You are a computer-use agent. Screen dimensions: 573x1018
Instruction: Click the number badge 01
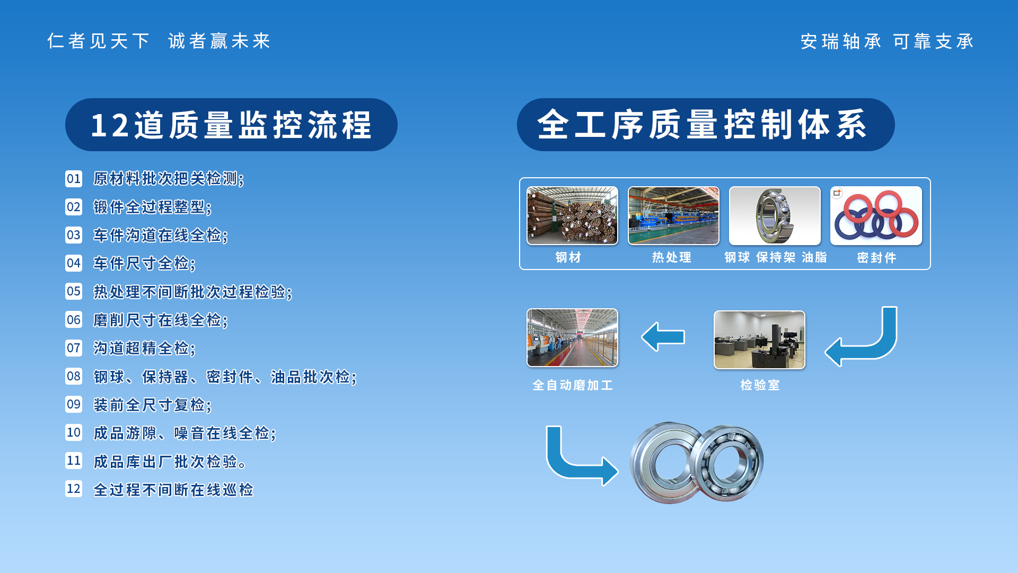click(74, 179)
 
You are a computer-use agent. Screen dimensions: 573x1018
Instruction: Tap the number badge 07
click(74, 348)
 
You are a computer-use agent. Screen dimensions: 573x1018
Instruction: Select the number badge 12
click(74, 489)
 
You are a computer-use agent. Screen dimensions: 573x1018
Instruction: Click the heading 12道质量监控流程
click(231, 125)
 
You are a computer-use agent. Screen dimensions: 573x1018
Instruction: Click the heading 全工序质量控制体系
click(705, 125)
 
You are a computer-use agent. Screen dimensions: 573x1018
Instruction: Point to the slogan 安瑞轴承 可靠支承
click(887, 41)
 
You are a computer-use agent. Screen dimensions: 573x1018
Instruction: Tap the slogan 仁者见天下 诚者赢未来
click(159, 41)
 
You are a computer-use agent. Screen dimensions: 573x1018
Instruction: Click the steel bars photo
click(572, 215)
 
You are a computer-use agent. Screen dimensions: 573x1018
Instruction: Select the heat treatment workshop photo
click(673, 215)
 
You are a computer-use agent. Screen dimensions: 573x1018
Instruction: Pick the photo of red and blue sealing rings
click(876, 215)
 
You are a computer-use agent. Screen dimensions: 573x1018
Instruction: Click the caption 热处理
click(672, 257)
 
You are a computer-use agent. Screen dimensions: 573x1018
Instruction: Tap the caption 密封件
click(876, 258)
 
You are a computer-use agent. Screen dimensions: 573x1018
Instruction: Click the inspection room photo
click(759, 340)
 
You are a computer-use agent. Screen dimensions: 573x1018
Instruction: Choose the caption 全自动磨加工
click(573, 385)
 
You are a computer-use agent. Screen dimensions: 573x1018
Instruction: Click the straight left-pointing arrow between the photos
click(663, 337)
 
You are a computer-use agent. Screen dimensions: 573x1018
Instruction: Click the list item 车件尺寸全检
click(144, 263)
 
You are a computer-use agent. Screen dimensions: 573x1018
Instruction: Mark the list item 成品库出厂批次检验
click(170, 462)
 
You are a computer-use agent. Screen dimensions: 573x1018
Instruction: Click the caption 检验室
click(760, 385)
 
